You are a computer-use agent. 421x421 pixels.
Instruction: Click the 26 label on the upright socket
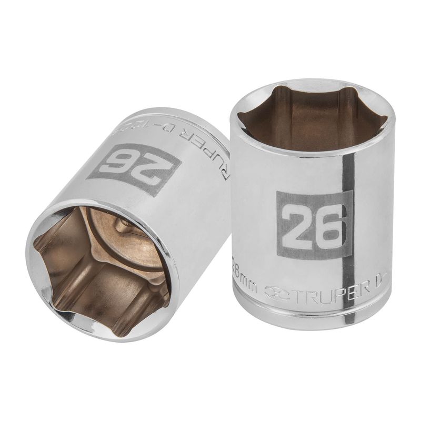point(314,225)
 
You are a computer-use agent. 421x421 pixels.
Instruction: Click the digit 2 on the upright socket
point(297,225)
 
